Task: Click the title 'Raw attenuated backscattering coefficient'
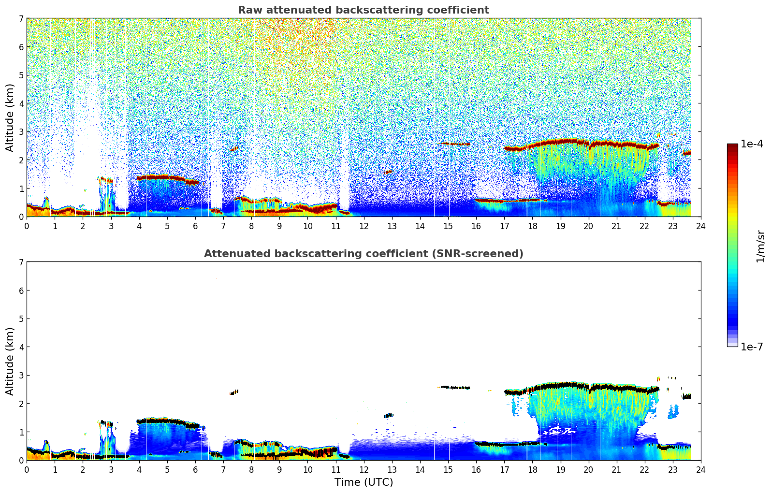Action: tap(363, 10)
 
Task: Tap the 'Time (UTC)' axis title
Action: tap(364, 482)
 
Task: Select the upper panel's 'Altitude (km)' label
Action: tap(10, 117)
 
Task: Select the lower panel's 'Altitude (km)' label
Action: tap(10, 361)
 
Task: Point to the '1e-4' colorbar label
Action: tap(752, 144)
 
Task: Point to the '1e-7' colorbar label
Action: tap(752, 347)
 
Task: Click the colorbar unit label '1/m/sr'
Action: tap(760, 246)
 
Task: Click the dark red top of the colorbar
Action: tap(732, 146)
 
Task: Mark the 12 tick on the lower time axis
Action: tap(364, 469)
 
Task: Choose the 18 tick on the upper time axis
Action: tap(532, 226)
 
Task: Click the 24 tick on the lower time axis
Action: tap(701, 469)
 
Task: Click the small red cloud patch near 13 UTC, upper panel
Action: tap(388, 172)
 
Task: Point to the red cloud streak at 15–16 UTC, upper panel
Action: tap(456, 144)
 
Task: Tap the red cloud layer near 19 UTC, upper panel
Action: tap(561, 142)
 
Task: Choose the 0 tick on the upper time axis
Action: tap(27, 226)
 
